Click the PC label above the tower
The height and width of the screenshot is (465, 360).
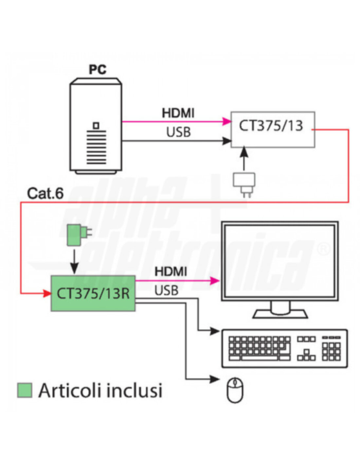tap(98, 70)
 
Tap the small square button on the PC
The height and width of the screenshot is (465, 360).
tap(96, 125)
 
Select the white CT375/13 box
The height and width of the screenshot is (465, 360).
tap(273, 129)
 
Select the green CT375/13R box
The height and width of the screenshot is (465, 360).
tap(93, 293)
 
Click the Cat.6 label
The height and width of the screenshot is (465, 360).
tap(45, 193)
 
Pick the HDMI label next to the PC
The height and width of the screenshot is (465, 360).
tap(178, 113)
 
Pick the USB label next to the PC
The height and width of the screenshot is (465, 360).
tap(178, 132)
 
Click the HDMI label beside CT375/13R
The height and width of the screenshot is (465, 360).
tap(171, 271)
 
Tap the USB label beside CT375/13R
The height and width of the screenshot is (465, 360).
tap(166, 290)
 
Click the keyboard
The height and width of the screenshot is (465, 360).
tap(284, 349)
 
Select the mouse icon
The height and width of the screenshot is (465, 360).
tap(235, 390)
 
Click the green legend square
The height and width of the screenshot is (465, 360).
tap(25, 390)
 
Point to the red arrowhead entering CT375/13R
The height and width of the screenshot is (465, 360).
tap(47, 293)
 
